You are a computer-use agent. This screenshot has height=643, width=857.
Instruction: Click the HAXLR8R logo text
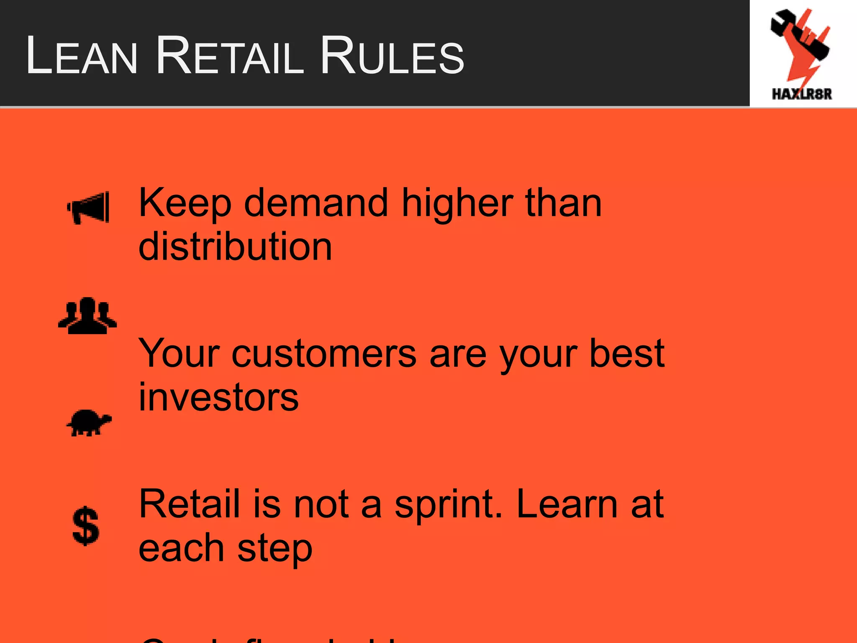[801, 94]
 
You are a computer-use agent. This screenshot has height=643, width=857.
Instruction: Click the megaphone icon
[89, 208]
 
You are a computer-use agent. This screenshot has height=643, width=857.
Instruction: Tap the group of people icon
[87, 316]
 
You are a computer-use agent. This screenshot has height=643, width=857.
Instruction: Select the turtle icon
[89, 423]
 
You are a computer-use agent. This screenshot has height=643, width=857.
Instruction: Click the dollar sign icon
[86, 526]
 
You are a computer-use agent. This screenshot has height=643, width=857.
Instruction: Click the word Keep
[185, 203]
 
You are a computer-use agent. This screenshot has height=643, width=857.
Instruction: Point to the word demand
[316, 203]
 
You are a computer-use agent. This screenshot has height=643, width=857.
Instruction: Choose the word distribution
[235, 247]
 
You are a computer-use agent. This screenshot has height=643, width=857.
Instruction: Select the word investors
[218, 398]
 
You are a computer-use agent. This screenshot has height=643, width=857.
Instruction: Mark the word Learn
[567, 504]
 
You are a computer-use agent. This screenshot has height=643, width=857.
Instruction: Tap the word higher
[457, 203]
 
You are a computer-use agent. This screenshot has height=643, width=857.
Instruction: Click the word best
[626, 354]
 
